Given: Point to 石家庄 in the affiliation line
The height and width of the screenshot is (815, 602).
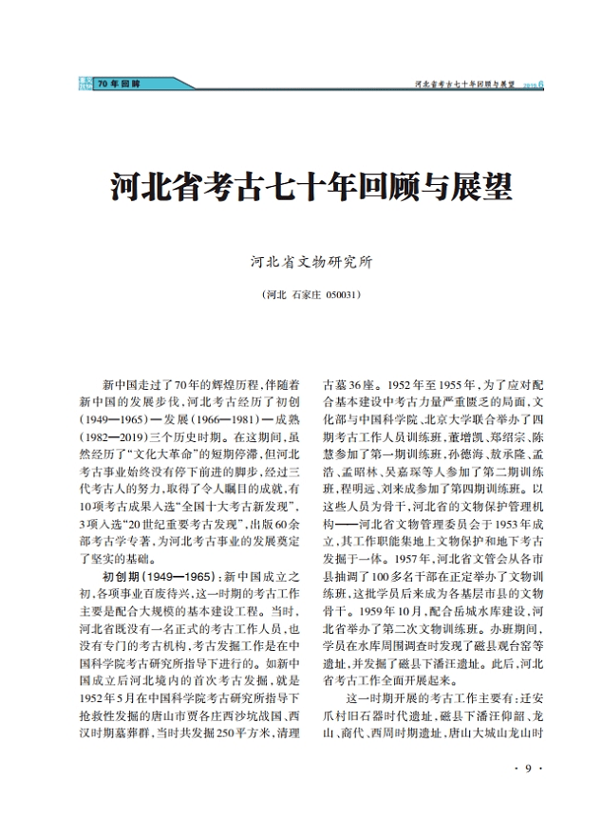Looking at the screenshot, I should [306, 295].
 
